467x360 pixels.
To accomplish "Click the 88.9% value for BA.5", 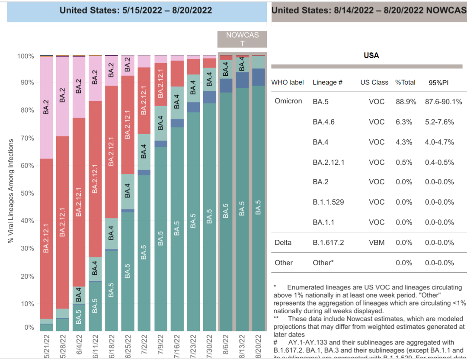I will pyautogui.click(x=406, y=102).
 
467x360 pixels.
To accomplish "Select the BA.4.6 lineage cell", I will pyautogui.click(x=323, y=122).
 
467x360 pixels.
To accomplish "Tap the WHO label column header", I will pyautogui.click(x=288, y=82).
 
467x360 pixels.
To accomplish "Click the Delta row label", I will pyautogui.click(x=283, y=243).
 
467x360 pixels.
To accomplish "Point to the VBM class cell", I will pyautogui.click(x=377, y=243).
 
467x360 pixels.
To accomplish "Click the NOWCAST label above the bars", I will pyautogui.click(x=242, y=39).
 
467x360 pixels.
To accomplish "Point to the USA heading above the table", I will pyautogui.click(x=371, y=56).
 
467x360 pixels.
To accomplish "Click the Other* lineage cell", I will pyautogui.click(x=323, y=263).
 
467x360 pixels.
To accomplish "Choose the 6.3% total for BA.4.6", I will pyautogui.click(x=404, y=122).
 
